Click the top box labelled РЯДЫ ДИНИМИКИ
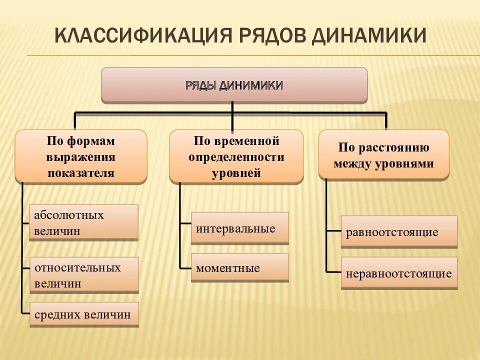point(234,85)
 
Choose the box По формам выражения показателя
point(81,156)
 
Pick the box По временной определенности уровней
point(236,156)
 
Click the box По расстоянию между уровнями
point(383,155)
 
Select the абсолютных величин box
point(83,223)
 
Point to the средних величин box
point(83,315)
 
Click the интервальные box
point(239,228)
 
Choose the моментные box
point(239,268)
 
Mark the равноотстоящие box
point(399,232)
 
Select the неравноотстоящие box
point(399,273)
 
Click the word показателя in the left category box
point(81,173)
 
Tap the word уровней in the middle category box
point(236,173)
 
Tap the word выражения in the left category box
point(81,157)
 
